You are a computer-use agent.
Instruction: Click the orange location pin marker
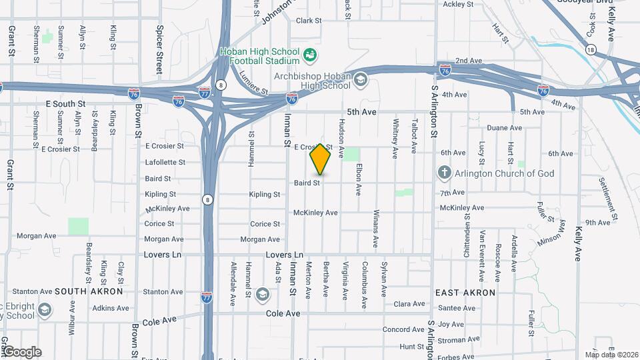tap(321, 159)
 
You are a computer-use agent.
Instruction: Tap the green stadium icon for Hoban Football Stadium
tap(309, 54)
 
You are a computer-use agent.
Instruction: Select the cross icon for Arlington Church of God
tap(445, 173)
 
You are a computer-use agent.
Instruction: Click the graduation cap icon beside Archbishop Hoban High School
tap(361, 80)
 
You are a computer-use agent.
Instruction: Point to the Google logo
tap(21, 351)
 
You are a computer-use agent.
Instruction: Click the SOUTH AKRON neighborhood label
tap(89, 291)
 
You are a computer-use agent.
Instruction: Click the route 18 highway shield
tap(590, 49)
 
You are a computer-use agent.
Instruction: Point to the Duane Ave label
tap(504, 127)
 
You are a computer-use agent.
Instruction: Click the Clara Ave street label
tap(409, 304)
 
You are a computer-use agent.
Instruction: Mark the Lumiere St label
tap(253, 83)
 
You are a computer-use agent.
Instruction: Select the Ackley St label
tap(458, 4)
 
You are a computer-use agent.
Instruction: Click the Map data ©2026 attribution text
tap(611, 355)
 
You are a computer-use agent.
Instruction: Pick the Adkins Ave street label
tap(111, 308)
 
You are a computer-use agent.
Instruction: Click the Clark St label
tap(309, 21)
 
